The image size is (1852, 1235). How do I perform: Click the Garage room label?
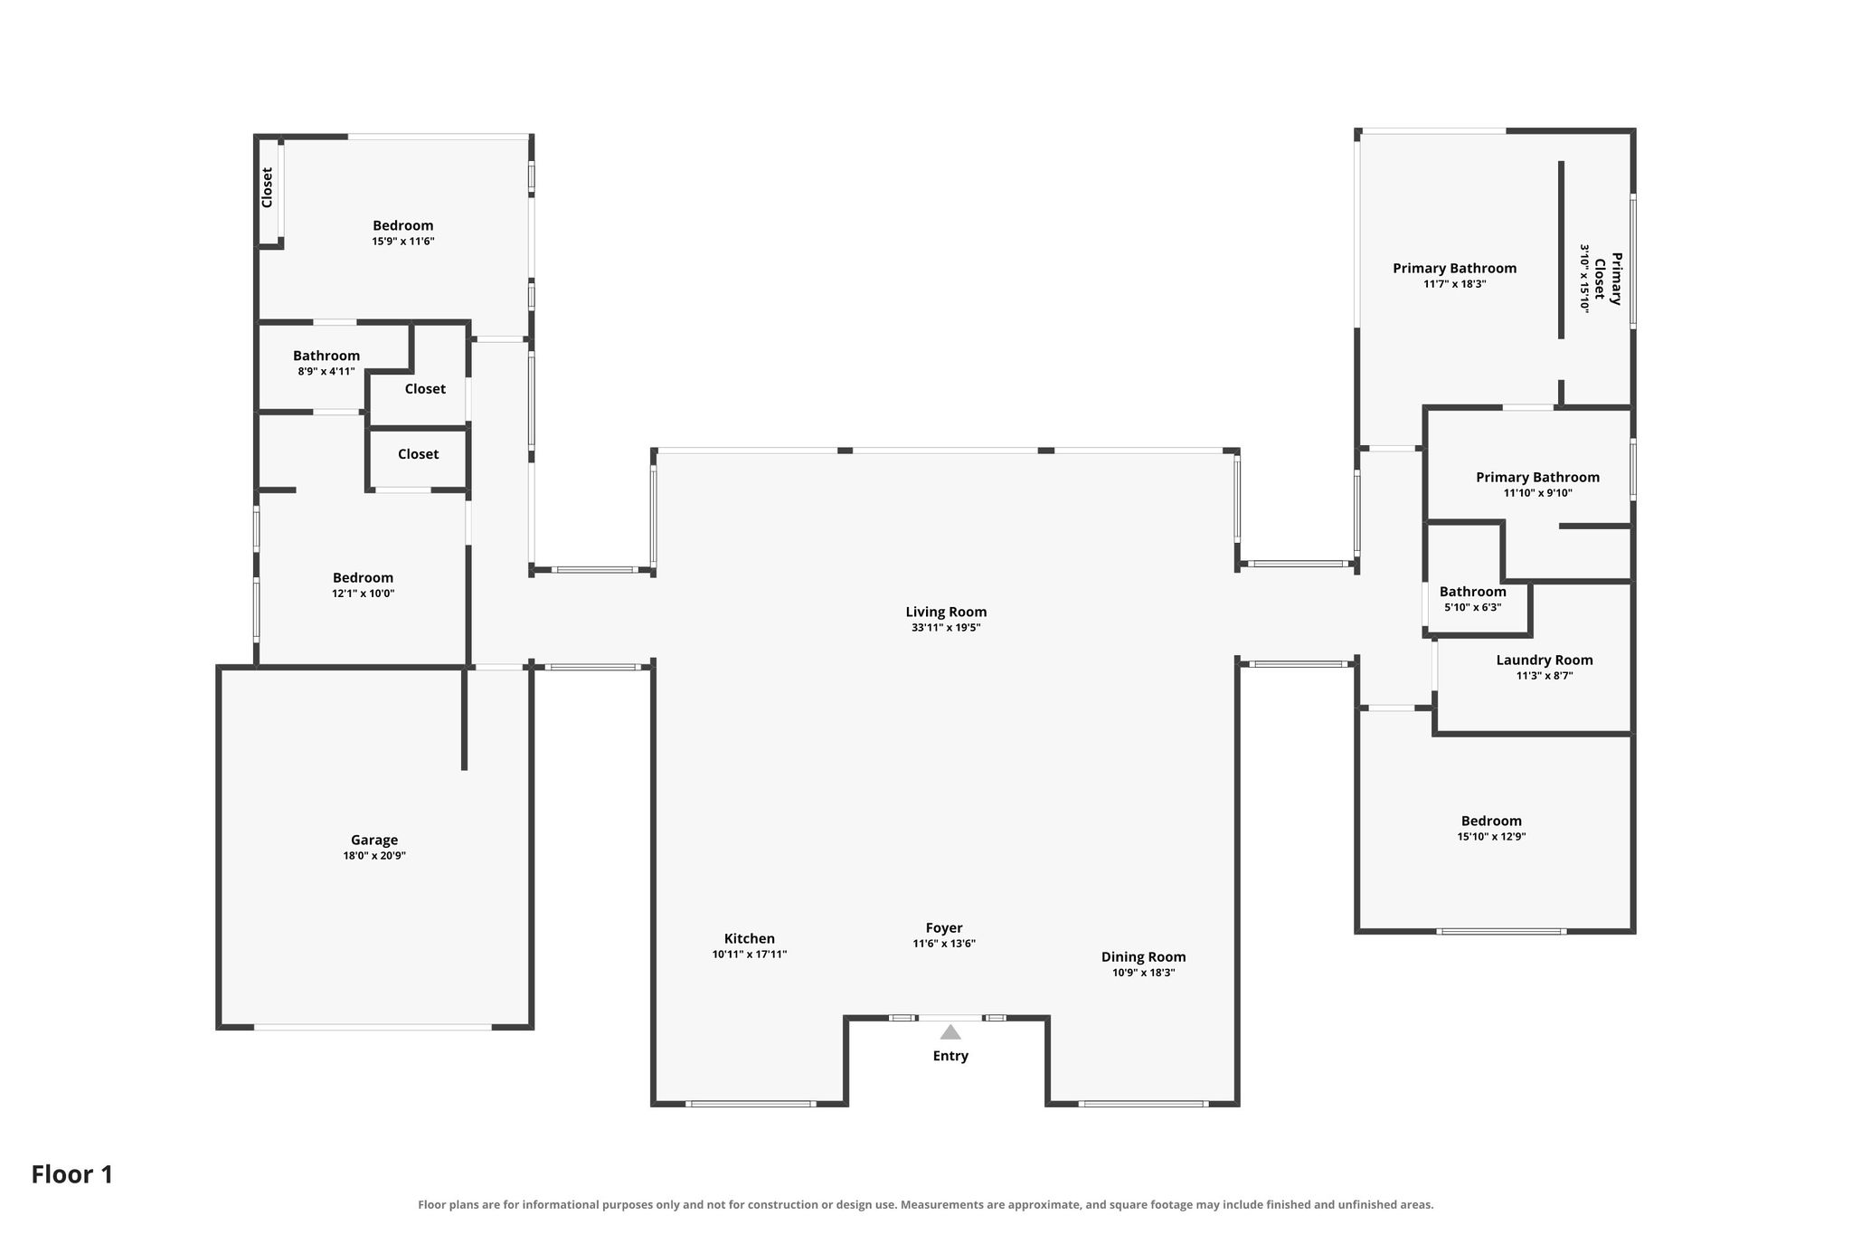(x=374, y=840)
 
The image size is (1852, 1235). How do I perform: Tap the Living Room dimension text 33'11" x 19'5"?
(x=946, y=627)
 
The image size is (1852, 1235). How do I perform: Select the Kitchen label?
(x=750, y=938)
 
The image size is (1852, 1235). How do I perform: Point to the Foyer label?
(x=944, y=928)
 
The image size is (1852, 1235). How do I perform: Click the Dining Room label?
(x=1143, y=957)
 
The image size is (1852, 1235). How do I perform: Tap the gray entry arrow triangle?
(x=950, y=1032)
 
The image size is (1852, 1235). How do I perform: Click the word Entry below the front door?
(x=950, y=1056)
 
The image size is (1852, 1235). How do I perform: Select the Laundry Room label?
(x=1545, y=660)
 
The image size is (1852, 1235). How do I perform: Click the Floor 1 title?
(x=72, y=1174)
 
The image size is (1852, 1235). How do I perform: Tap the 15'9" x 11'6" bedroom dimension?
(x=403, y=242)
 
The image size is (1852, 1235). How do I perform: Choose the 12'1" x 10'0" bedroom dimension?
(x=364, y=594)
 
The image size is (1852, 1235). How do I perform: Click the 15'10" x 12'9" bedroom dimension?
(x=1491, y=837)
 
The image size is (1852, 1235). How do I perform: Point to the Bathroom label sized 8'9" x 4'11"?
(x=326, y=356)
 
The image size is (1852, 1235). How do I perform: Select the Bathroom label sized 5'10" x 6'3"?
(x=1473, y=592)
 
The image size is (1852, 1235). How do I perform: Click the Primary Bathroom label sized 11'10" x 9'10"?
(x=1537, y=478)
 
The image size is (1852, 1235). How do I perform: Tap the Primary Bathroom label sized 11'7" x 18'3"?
(x=1454, y=269)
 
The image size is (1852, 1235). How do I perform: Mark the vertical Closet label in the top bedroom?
(x=267, y=187)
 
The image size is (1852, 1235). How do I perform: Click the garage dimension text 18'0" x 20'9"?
(x=374, y=856)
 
